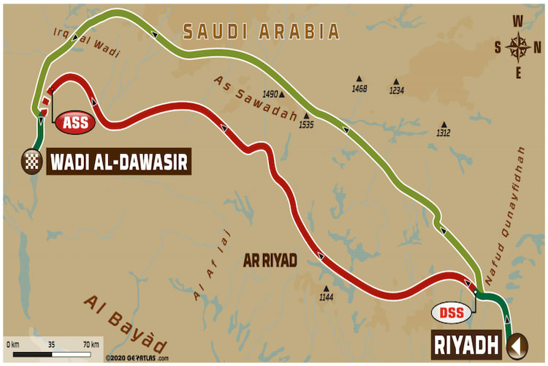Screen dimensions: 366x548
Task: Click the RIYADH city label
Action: (468, 343)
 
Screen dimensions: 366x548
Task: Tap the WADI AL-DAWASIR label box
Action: (119, 160)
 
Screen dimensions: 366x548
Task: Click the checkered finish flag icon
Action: (31, 160)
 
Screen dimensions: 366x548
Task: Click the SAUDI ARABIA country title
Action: (261, 31)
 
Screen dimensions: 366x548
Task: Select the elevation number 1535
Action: (305, 125)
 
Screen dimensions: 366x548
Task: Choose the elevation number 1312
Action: (443, 132)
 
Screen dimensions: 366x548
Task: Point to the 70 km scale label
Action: (91, 342)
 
